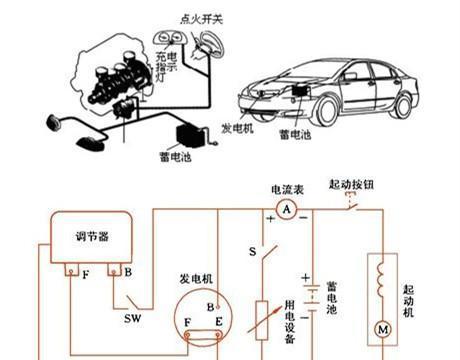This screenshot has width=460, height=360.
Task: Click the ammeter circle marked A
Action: pos(285,209)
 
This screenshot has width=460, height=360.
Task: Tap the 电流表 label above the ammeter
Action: pos(285,187)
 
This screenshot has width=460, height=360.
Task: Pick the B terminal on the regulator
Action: pos(114,272)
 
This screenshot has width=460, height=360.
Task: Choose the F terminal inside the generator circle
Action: pos(187,322)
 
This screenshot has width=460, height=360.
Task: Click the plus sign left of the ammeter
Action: pos(269,216)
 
